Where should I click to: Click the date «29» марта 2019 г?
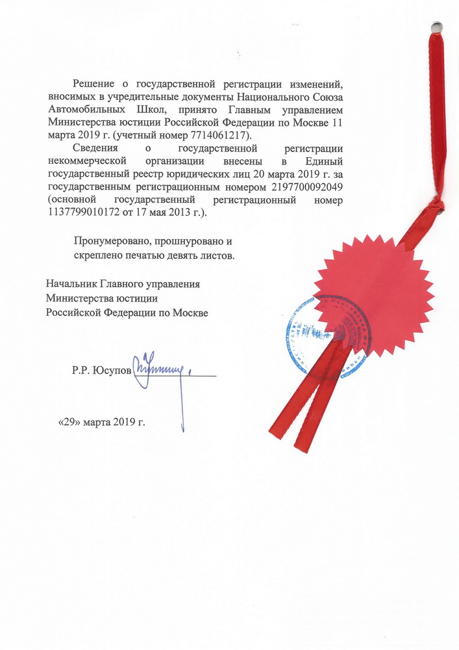[102, 421]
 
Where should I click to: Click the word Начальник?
[70, 284]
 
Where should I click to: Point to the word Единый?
[325, 161]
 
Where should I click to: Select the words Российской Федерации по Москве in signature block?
[127, 313]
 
